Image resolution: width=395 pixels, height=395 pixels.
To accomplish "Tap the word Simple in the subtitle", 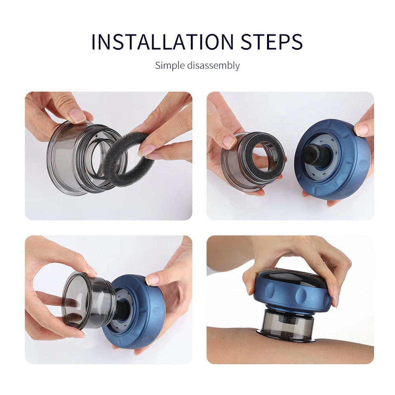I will pos(170,65).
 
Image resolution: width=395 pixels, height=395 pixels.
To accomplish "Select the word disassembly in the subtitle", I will pos(213,65).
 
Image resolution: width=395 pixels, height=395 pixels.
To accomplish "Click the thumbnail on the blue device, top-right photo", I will pos(362,130).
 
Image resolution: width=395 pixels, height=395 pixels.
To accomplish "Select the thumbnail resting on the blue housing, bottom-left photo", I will pos(152,280).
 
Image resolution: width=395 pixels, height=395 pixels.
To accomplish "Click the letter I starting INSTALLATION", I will pos(93,42).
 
